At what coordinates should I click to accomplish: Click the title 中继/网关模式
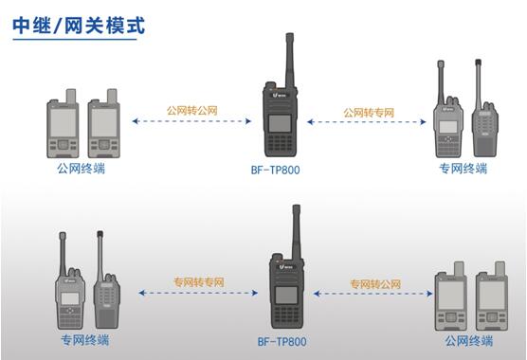[78, 25]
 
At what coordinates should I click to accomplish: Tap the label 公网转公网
[192, 111]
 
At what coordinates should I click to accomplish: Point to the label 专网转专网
[199, 282]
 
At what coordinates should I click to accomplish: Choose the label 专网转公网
[375, 283]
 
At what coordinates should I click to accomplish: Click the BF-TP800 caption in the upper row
[281, 171]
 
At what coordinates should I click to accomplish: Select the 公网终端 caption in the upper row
[81, 169]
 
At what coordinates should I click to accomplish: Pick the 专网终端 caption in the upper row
[463, 169]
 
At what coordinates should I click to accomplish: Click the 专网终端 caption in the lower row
[84, 339]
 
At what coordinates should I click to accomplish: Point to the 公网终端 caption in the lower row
[469, 339]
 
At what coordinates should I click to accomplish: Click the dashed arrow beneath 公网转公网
[192, 122]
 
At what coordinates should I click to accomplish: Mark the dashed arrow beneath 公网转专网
[370, 122]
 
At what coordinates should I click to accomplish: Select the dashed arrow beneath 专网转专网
[199, 294]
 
